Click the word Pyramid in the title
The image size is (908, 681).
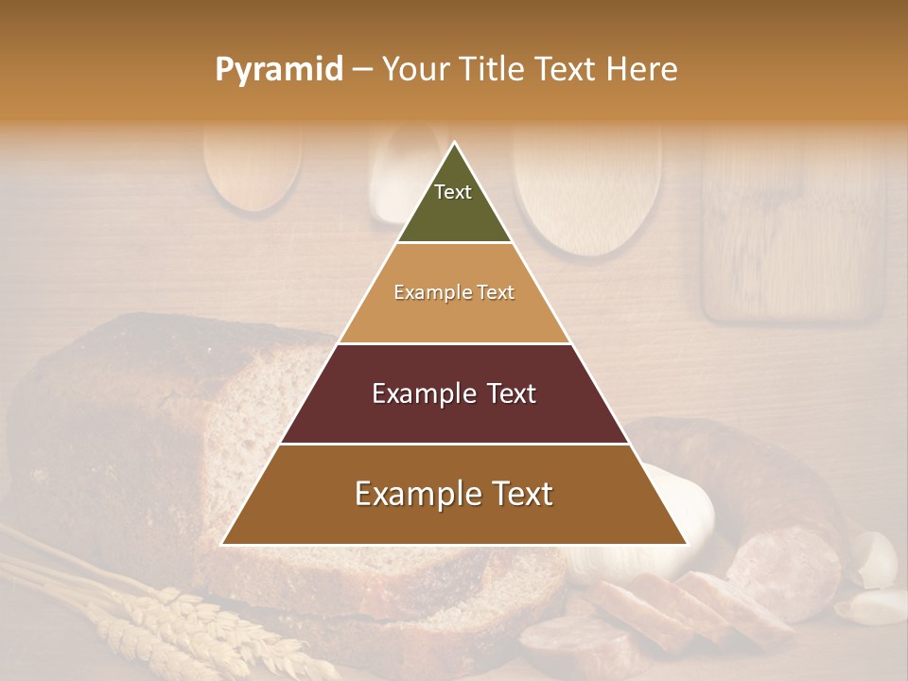coord(278,70)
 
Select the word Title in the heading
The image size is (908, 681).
coord(493,70)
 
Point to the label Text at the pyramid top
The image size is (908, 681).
coord(453,192)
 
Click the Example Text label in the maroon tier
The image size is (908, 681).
coord(454,393)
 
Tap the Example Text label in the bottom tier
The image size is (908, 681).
coord(454,494)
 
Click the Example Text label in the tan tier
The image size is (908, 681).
coord(454,293)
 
